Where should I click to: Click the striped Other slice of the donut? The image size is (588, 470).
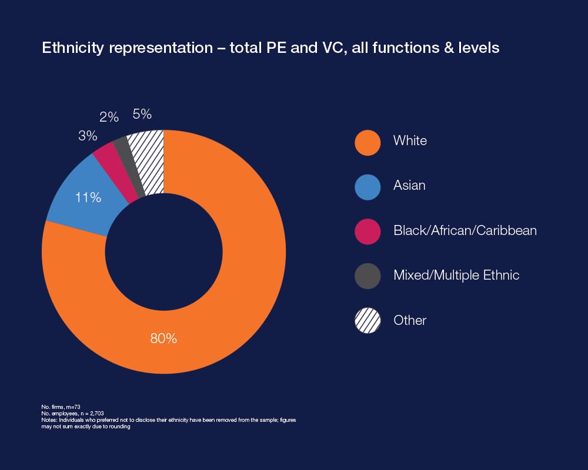coord(148,161)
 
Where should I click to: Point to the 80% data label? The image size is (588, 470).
coord(163,338)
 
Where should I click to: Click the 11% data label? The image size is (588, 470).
coord(88,197)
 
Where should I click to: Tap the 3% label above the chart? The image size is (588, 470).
coord(88,135)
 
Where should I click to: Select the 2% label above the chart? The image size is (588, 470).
coord(109,117)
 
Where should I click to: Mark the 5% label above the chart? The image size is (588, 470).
coord(142,114)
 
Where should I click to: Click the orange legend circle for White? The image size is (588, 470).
coord(367,142)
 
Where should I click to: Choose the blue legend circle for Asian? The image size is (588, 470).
coord(367,187)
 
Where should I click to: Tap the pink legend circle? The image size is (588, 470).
coord(367,231)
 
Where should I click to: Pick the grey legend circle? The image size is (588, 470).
coord(367,276)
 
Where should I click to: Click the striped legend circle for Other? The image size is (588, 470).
coord(367,320)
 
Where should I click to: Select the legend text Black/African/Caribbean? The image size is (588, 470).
coord(465,230)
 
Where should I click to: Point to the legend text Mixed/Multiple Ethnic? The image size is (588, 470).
coord(456,275)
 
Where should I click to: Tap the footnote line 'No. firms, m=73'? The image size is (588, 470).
coord(61,407)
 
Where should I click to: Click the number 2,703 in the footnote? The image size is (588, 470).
coord(97,414)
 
